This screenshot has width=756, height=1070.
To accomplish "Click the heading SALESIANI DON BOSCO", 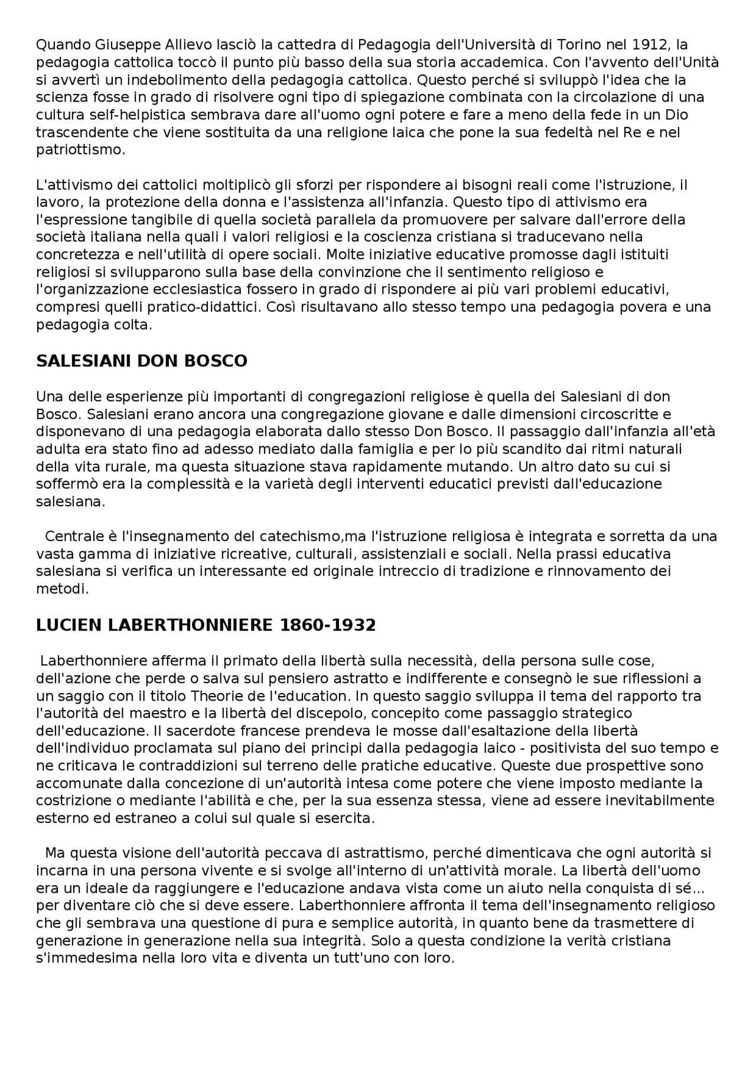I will coord(142,361).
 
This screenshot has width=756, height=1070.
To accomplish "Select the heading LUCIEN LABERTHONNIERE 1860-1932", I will coord(206,625).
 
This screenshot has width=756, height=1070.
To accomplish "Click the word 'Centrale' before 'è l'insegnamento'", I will coord(72,536).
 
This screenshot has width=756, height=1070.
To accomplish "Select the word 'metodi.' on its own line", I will coord(62,589).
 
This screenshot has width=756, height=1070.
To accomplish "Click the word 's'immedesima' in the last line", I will coord(86,959).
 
